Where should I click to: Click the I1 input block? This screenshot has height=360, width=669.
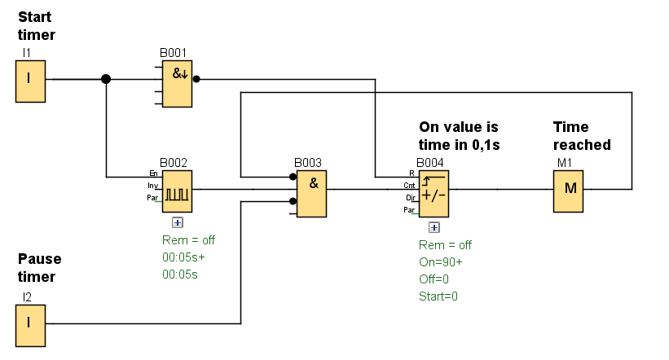[29, 80]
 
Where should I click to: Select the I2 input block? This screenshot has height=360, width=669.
[29, 323]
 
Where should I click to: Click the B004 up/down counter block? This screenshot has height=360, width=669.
[434, 192]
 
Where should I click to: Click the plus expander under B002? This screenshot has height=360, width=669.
[177, 222]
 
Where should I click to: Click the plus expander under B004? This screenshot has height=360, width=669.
[434, 227]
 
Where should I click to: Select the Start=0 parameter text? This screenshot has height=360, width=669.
[438, 296]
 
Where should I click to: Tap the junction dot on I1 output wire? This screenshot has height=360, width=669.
[106, 80]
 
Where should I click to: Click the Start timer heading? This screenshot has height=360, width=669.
[36, 25]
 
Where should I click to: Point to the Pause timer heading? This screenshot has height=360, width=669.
[40, 268]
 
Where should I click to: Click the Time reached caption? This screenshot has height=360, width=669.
[582, 136]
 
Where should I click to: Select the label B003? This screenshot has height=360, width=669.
[309, 164]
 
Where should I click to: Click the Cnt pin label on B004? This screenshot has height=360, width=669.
[410, 186]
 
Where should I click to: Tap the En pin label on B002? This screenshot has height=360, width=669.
[153, 173]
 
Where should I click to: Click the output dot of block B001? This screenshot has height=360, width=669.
[196, 80]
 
